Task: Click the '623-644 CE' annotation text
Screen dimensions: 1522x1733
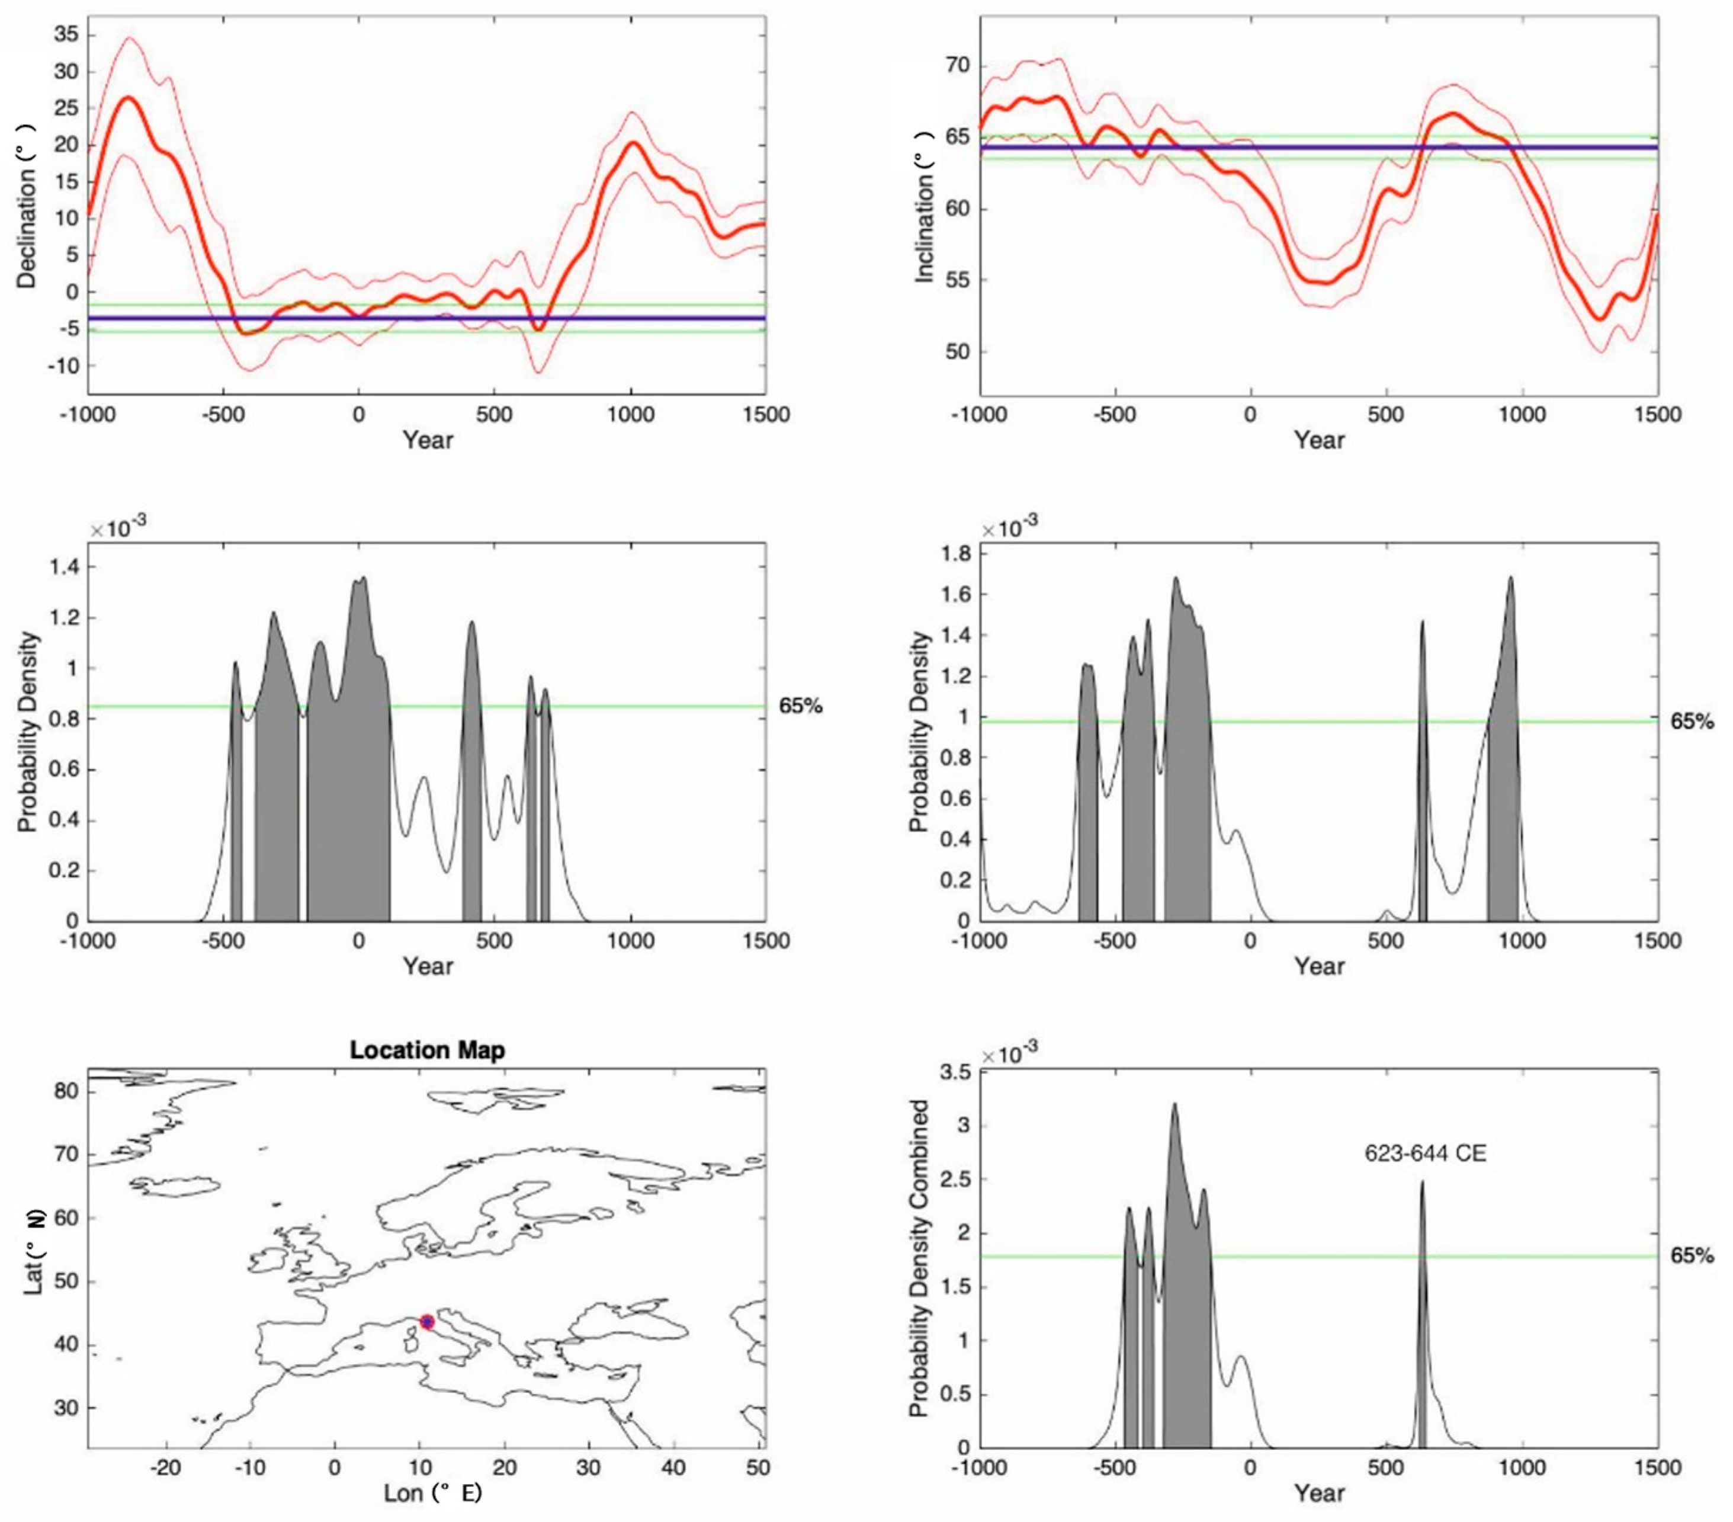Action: click(1425, 1153)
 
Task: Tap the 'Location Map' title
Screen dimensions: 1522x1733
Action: click(427, 1050)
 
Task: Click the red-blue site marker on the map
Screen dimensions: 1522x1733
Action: click(426, 1322)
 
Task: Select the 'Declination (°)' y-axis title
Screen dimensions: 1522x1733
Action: click(27, 205)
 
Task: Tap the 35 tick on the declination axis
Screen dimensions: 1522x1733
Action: click(65, 35)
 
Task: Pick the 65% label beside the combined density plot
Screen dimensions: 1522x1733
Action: click(1692, 1256)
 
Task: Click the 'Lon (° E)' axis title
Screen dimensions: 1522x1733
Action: click(432, 1492)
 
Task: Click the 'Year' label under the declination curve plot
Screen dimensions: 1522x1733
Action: click(427, 439)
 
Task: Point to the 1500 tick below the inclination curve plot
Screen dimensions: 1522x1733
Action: click(1658, 415)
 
